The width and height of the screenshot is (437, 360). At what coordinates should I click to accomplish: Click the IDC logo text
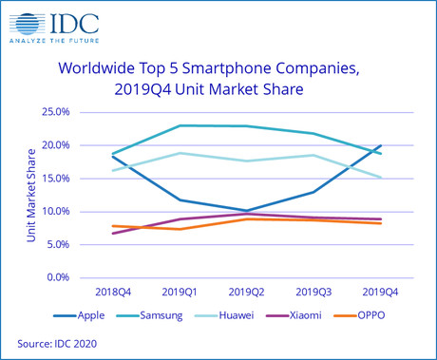[79, 22]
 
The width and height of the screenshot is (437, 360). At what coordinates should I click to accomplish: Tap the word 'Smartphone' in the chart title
[218, 69]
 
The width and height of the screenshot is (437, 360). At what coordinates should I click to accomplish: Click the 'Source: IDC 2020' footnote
[57, 341]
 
